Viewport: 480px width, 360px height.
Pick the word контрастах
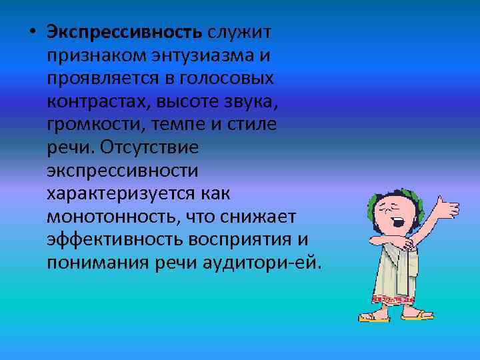click(x=99, y=101)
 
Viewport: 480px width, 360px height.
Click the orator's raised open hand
click(x=447, y=207)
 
